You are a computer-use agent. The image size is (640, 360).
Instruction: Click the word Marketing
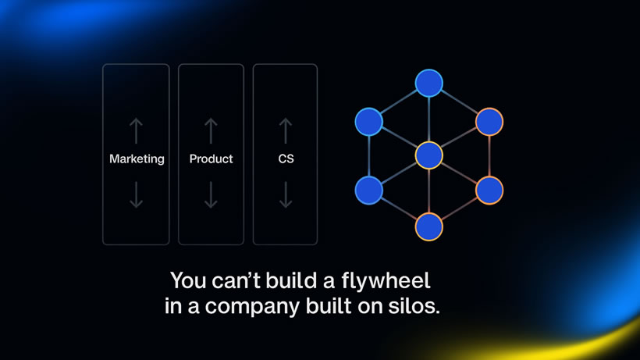click(x=137, y=159)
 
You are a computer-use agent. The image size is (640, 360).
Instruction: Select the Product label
click(x=211, y=159)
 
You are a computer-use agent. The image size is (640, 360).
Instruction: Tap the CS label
click(x=286, y=159)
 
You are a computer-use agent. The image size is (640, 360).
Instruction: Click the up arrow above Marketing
click(x=137, y=130)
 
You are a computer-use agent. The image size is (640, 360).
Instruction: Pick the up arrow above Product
click(x=211, y=130)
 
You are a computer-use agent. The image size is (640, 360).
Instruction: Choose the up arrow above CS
click(x=286, y=130)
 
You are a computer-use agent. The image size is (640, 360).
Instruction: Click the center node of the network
click(x=428, y=155)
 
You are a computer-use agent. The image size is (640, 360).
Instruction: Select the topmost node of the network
click(x=428, y=84)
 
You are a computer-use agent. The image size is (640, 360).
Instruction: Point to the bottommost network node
click(x=428, y=226)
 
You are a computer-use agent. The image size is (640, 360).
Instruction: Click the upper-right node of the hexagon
click(x=489, y=121)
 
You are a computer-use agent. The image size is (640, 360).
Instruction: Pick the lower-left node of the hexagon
click(x=368, y=190)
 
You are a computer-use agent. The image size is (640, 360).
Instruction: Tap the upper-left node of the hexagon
click(x=368, y=121)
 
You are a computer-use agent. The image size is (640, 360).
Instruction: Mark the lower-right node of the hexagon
click(x=489, y=190)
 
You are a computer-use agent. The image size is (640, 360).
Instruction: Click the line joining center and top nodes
click(x=428, y=119)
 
